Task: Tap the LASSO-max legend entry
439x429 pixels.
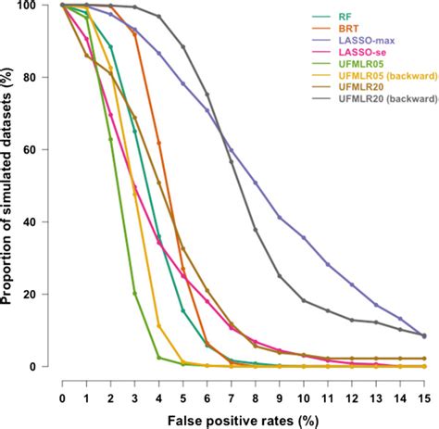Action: click(x=339, y=41)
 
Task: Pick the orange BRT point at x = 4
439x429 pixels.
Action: click(x=159, y=143)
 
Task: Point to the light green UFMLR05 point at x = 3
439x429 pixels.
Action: click(x=135, y=294)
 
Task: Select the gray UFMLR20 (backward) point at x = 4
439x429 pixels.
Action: click(x=159, y=17)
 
